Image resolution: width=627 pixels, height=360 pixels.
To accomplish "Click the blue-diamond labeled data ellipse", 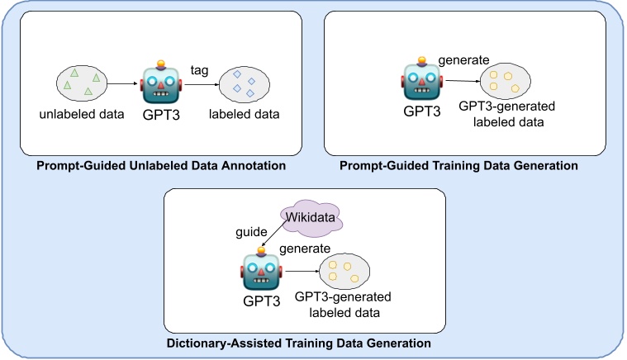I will tap(243, 82).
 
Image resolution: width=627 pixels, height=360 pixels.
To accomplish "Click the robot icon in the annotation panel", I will tap(160, 81).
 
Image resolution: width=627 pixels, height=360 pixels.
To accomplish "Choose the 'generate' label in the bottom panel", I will tap(305, 248).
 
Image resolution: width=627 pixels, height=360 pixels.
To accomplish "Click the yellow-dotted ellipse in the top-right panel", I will tap(506, 82).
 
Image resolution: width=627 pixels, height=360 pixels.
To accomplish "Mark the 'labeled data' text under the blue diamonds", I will tap(244, 113).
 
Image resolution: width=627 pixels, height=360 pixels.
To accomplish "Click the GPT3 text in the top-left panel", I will tap(162, 113).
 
